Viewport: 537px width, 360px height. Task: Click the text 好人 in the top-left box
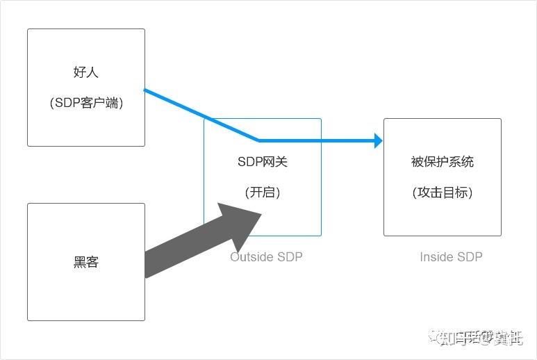[86, 72]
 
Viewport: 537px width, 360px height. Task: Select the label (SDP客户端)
[86, 103]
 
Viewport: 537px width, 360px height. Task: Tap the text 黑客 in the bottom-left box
[86, 262]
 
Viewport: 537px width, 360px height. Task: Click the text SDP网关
[262, 162]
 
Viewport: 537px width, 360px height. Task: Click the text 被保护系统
[442, 162]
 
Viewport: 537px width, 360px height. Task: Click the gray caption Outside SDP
[266, 257]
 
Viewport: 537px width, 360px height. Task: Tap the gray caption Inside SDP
[451, 257]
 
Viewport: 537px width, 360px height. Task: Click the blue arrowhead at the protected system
[378, 141]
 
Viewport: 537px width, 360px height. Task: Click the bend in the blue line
[258, 140]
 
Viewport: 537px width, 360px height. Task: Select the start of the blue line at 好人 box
[146, 90]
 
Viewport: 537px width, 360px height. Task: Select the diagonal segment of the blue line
[201, 115]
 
